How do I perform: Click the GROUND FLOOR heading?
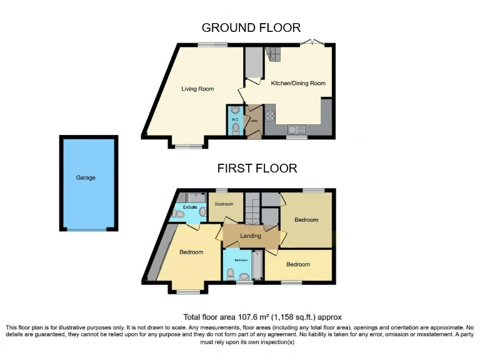click(251, 27)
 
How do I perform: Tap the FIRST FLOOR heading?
click(257, 168)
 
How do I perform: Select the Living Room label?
click(197, 89)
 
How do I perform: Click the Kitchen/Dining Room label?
click(297, 82)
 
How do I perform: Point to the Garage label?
click(86, 177)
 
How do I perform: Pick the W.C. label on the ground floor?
click(234, 119)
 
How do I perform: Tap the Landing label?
click(250, 236)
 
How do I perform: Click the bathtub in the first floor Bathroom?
click(256, 267)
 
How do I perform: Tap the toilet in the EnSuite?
click(180, 214)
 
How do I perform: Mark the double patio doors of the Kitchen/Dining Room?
click(310, 42)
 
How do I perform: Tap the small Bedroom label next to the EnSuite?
click(224, 204)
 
